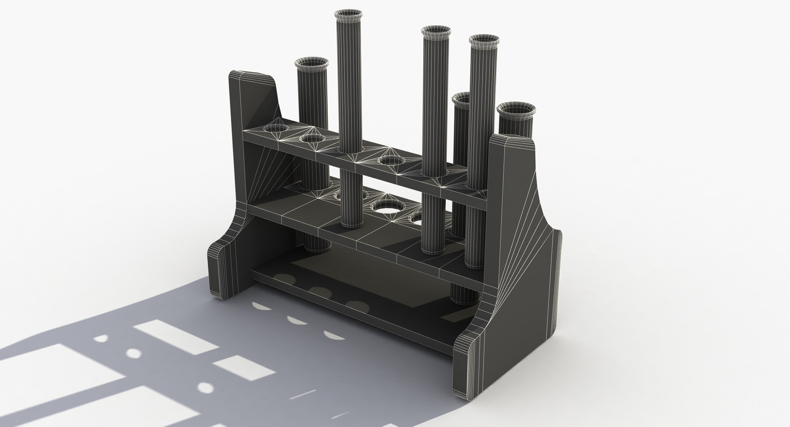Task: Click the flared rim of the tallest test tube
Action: click(x=348, y=16)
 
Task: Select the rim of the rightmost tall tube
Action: click(x=484, y=42)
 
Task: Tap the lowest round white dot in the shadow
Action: click(x=205, y=387)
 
